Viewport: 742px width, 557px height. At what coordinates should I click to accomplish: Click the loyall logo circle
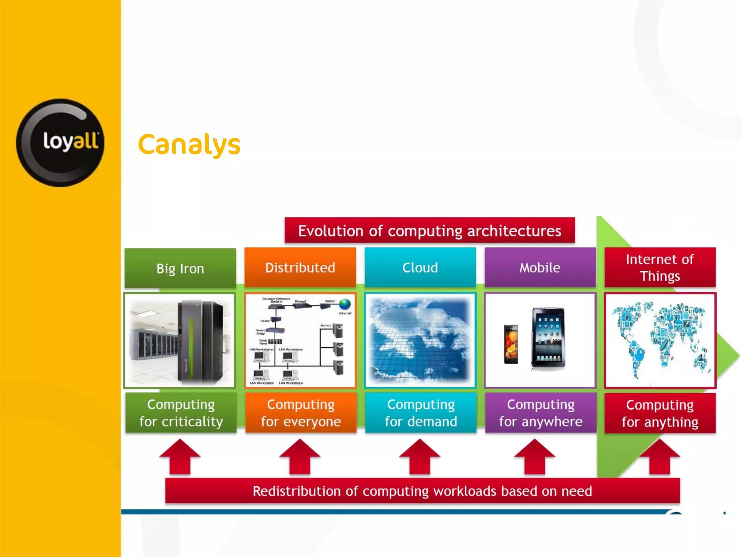[60, 143]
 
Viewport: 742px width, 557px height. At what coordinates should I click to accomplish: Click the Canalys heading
[189, 144]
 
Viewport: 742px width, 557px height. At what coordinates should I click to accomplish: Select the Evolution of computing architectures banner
[430, 231]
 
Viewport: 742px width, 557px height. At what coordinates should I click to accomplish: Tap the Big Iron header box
[180, 268]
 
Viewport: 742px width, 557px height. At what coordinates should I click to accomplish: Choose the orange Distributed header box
[300, 268]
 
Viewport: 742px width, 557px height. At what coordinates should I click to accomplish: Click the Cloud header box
[420, 268]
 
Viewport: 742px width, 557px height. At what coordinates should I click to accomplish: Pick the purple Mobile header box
[540, 268]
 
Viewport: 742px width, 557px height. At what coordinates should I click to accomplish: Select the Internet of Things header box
[660, 268]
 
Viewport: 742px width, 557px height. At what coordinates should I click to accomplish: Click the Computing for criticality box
[181, 413]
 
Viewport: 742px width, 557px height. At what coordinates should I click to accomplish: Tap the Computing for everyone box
[301, 413]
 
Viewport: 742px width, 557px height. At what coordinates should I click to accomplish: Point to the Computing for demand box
[421, 413]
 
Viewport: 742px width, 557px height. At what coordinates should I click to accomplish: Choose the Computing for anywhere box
[541, 413]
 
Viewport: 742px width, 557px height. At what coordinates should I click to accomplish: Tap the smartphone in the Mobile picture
[511, 344]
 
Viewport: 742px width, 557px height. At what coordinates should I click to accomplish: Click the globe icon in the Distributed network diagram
[345, 304]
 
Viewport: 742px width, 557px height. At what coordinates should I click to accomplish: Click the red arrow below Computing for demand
[420, 457]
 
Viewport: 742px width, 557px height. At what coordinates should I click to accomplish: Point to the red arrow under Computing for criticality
[180, 457]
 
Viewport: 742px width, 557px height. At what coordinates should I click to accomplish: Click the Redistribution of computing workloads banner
[422, 491]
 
